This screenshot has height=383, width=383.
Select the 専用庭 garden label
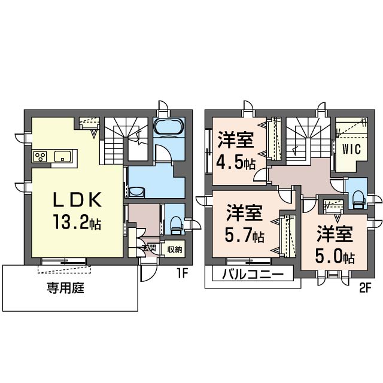65,289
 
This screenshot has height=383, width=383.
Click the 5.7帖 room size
245,235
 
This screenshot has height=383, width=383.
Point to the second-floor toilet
357,196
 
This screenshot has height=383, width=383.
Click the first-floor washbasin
137,192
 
